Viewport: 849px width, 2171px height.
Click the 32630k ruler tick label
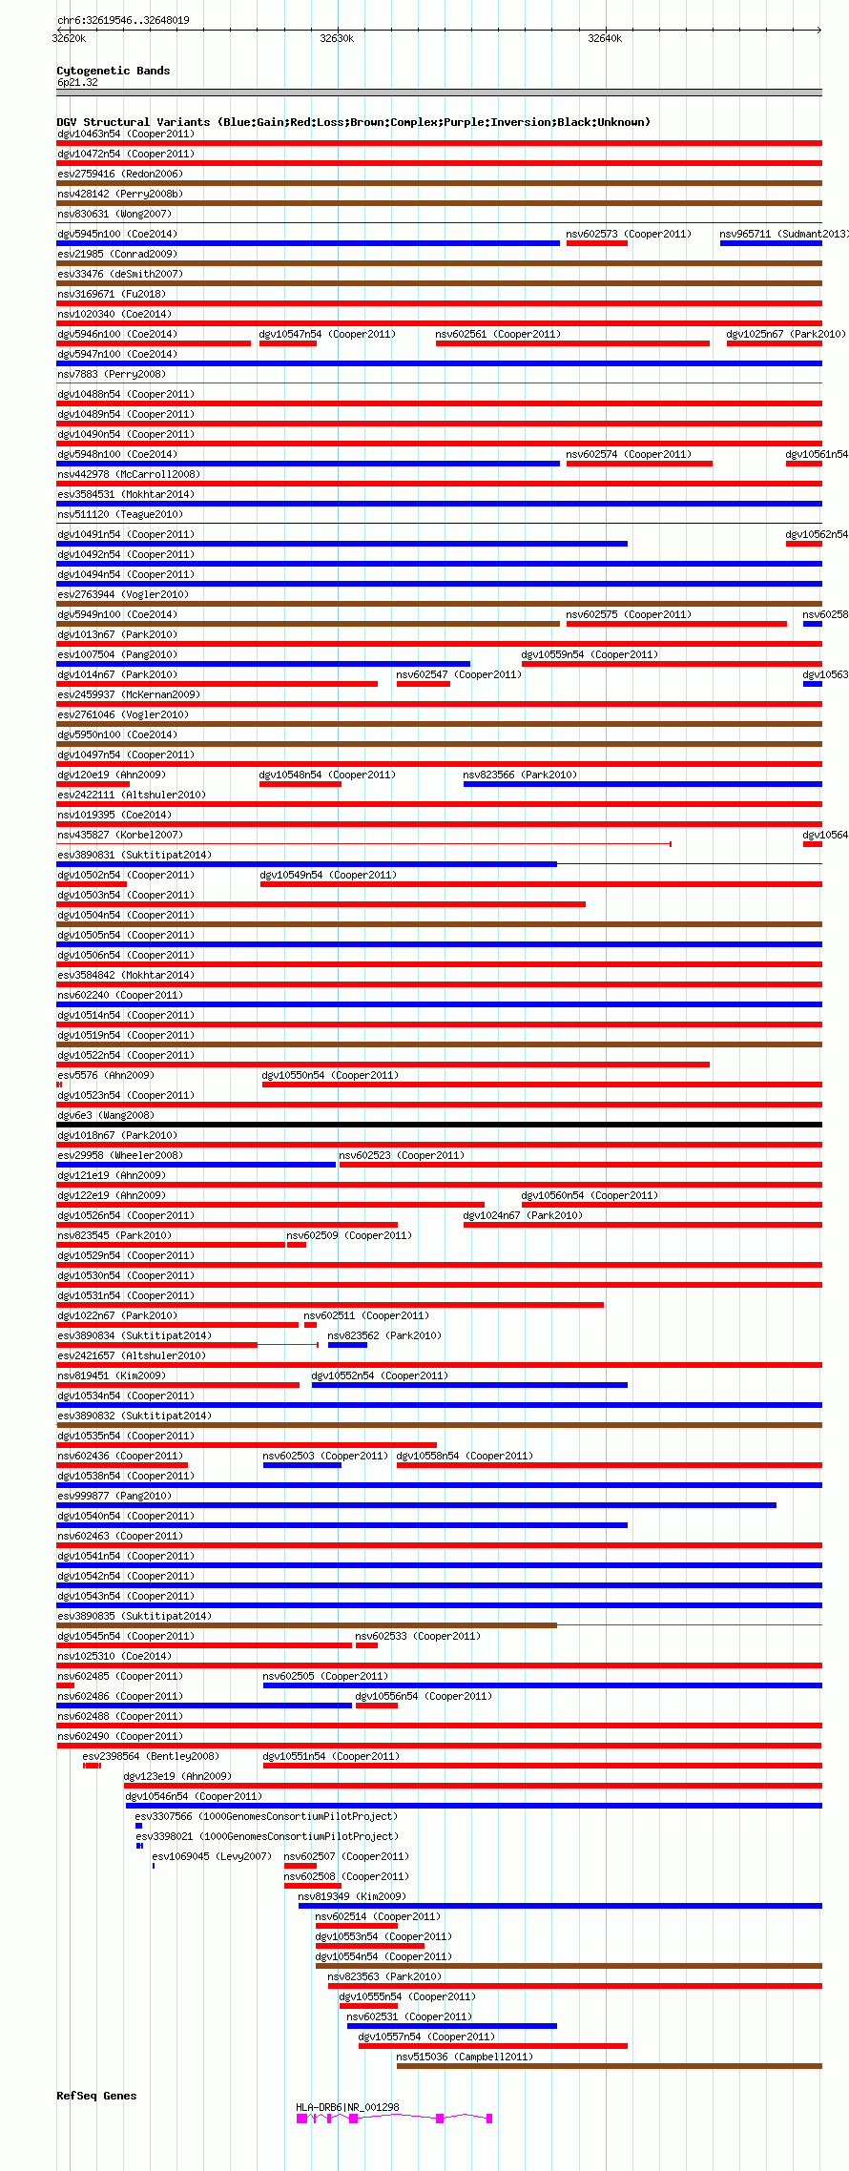pos(336,39)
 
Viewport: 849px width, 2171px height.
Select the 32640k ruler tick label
pos(604,39)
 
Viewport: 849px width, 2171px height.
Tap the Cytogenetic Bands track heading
pos(113,71)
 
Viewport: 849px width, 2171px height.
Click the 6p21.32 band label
pos(77,82)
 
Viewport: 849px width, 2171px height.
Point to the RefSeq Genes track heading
pos(96,2096)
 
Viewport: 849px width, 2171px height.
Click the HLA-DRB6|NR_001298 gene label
pos(347,2107)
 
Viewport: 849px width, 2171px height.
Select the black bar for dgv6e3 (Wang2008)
pos(439,1125)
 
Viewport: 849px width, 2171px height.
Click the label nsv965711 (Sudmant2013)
pos(783,234)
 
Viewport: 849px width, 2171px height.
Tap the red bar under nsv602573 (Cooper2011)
pos(596,243)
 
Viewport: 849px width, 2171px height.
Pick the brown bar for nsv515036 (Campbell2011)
pos(609,2066)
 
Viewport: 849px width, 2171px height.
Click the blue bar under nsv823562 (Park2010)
pos(347,1345)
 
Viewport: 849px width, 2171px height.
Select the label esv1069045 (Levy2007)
pos(211,1856)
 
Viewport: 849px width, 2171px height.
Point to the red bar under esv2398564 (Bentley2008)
pos(92,1766)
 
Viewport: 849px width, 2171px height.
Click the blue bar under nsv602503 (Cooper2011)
pos(301,1465)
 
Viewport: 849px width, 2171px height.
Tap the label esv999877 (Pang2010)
pos(114,1496)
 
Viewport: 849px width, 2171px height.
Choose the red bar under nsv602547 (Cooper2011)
pos(423,684)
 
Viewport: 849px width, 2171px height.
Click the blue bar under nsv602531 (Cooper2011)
pos(451,2026)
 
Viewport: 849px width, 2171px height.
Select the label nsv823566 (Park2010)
pos(520,775)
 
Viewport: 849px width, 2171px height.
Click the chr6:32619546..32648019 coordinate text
pos(123,20)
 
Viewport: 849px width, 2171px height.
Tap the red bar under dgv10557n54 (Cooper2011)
pos(492,2046)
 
